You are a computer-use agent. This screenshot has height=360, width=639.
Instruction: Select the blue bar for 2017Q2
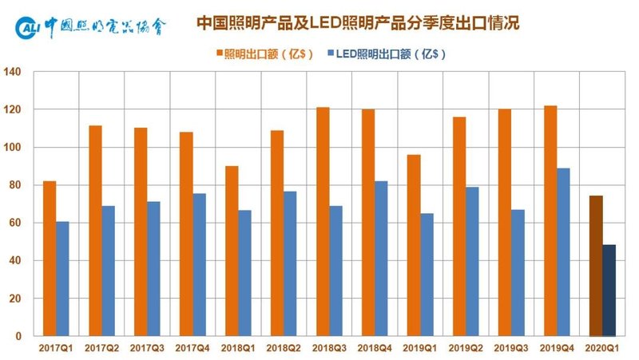coord(108,271)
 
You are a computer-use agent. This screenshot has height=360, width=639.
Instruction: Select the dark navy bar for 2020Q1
coord(609,291)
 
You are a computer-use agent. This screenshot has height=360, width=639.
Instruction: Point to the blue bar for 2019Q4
coord(563,252)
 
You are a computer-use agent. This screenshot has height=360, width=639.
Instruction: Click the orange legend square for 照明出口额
coord(217,54)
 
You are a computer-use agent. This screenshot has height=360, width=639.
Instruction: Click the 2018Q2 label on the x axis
coord(284,349)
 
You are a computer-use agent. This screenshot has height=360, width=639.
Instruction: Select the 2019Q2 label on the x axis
coord(465,349)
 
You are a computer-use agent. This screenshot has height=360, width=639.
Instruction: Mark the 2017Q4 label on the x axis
coord(192,349)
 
